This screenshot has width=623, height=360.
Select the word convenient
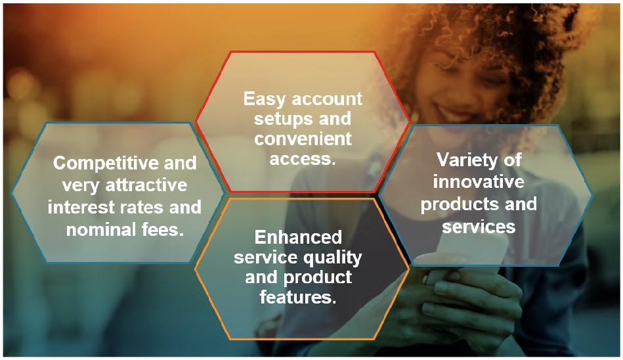pyautogui.click(x=303, y=139)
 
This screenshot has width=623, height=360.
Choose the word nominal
pyautogui.click(x=87, y=230)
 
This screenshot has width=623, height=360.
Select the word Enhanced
pyautogui.click(x=298, y=236)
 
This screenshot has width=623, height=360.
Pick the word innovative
pyautogui.click(x=478, y=181)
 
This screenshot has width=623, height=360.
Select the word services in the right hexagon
pyautogui.click(x=478, y=226)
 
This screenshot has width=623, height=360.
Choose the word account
pyautogui.click(x=328, y=99)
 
